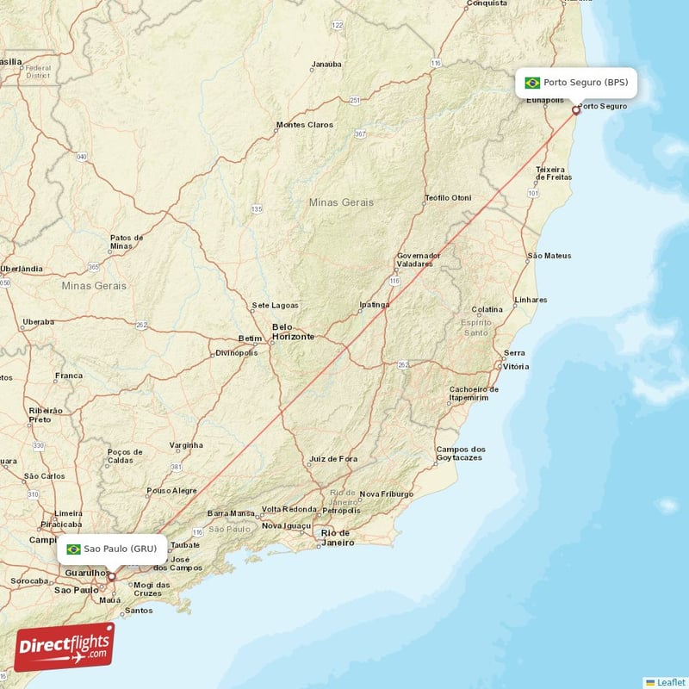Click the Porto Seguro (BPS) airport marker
(x=576, y=110)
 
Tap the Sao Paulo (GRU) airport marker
(x=111, y=577)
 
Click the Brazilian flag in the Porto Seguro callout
(x=532, y=84)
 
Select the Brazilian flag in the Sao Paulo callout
(x=73, y=549)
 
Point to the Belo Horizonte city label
(x=293, y=332)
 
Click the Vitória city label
(x=516, y=366)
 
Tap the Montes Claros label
(x=304, y=125)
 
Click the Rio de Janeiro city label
(x=337, y=537)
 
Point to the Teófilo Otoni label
(x=448, y=198)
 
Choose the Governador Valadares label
(x=420, y=259)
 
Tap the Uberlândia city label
(x=22, y=269)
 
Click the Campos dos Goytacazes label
(x=461, y=454)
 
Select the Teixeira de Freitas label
(x=553, y=173)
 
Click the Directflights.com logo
(x=65, y=646)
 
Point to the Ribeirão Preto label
(x=46, y=416)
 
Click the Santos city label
(x=138, y=611)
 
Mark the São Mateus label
(x=549, y=256)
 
